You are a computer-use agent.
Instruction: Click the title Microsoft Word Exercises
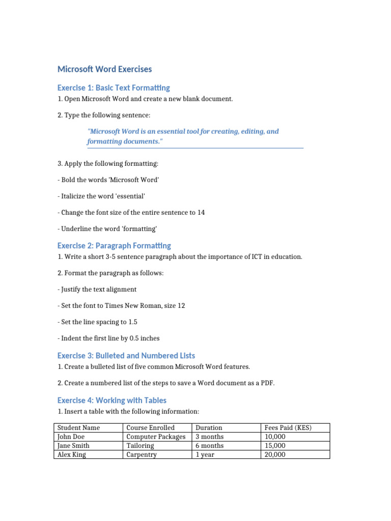(104, 69)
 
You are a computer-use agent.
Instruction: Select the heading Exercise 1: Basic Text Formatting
(114, 88)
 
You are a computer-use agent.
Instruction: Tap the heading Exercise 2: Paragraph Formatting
(114, 245)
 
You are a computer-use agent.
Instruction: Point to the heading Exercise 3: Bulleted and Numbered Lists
(126, 355)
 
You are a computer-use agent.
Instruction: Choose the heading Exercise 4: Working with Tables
(111, 400)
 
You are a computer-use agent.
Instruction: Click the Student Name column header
(78, 428)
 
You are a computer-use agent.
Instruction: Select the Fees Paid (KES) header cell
(288, 428)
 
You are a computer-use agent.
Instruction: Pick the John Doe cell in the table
(71, 437)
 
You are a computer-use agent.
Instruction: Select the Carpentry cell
(142, 455)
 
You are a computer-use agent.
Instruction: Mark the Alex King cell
(72, 455)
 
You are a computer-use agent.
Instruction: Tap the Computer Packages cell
(156, 437)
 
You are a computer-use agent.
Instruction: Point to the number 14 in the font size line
(201, 213)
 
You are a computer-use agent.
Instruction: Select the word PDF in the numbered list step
(267, 383)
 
